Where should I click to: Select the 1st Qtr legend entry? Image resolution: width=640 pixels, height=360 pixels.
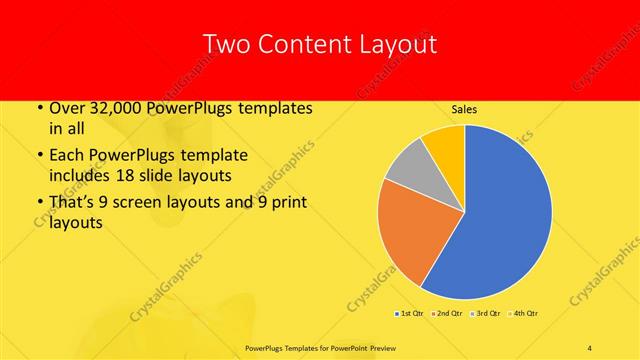pyautogui.click(x=410, y=314)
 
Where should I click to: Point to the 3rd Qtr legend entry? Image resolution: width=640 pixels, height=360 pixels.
pyautogui.click(x=487, y=314)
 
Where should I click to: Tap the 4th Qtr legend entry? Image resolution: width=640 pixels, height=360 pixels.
pyautogui.click(x=524, y=314)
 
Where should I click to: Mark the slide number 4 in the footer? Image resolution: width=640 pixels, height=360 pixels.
pyautogui.click(x=589, y=347)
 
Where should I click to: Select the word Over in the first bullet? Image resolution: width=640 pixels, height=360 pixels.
pyautogui.click(x=66, y=108)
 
